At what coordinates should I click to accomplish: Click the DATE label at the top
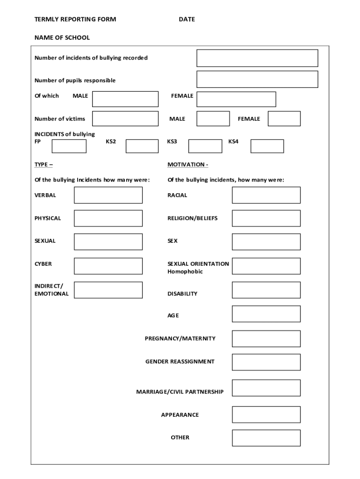pyautogui.click(x=187, y=19)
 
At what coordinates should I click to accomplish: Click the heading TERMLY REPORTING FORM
pyautogui.click(x=75, y=19)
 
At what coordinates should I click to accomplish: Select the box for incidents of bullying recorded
pyautogui.click(x=257, y=58)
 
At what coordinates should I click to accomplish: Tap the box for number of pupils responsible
pyautogui.click(x=257, y=80)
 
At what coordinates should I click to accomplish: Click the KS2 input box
pyautogui.click(x=142, y=146)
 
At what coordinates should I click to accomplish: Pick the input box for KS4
pyautogui.click(x=267, y=146)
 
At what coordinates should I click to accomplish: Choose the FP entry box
pyautogui.click(x=69, y=146)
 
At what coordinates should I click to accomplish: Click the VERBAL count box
pyautogui.click(x=108, y=195)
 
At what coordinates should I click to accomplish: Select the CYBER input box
pyautogui.click(x=108, y=266)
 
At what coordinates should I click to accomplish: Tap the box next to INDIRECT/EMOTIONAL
pyautogui.click(x=108, y=290)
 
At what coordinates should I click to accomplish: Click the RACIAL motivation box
pyautogui.click(x=266, y=195)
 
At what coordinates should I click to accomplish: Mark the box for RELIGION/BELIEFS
pyautogui.click(x=266, y=218)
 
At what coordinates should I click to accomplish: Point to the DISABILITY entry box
pyautogui.click(x=266, y=290)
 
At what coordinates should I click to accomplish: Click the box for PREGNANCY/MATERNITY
pyautogui.click(x=266, y=339)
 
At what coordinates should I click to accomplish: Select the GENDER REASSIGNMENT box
pyautogui.click(x=266, y=362)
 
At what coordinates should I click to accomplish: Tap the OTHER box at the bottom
pyautogui.click(x=266, y=438)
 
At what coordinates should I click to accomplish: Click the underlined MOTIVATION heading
pyautogui.click(x=187, y=165)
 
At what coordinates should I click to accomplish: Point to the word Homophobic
pyautogui.click(x=185, y=272)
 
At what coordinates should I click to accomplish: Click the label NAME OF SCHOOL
pyautogui.click(x=62, y=37)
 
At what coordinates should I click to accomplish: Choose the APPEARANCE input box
pyautogui.click(x=266, y=414)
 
